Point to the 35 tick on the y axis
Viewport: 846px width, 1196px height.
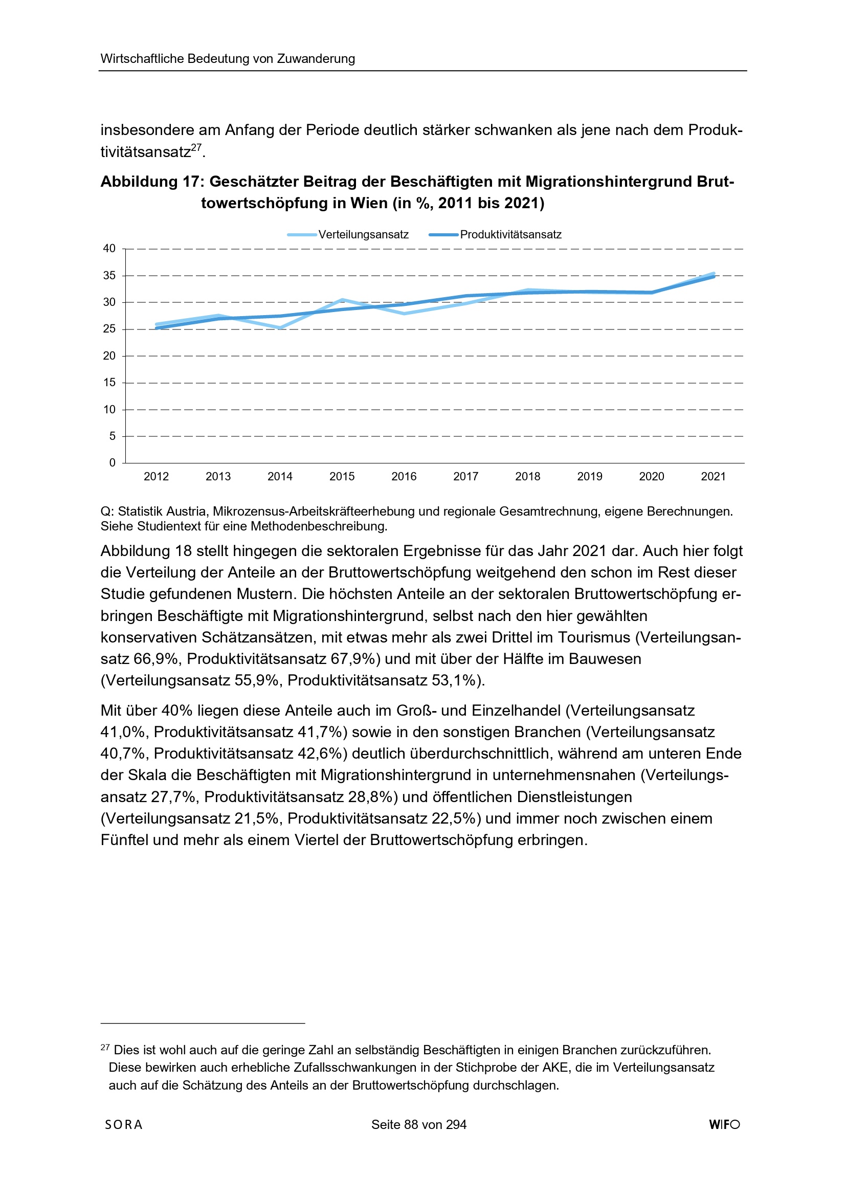(109, 276)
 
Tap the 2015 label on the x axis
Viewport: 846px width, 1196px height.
(342, 477)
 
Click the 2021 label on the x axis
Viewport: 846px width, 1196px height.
(713, 477)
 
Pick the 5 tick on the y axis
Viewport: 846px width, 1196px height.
(113, 436)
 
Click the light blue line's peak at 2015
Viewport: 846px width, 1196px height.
(342, 300)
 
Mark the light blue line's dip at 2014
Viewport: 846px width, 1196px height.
(280, 328)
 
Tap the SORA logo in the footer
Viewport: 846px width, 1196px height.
(123, 1124)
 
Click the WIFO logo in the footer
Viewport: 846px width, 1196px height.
(724, 1124)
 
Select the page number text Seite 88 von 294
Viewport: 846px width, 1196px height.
(419, 1124)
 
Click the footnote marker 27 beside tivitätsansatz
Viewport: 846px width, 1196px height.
(196, 148)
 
